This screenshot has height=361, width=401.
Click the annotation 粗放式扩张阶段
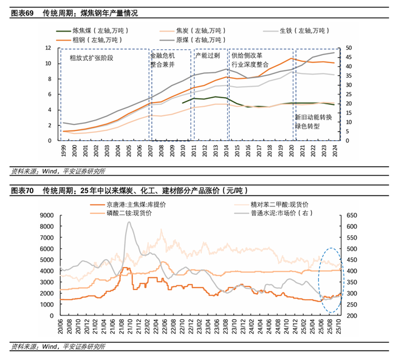click(92, 58)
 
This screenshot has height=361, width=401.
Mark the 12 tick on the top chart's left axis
click(47, 47)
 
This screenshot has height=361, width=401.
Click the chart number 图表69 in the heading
click(22, 13)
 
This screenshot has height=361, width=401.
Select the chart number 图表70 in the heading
click(22, 191)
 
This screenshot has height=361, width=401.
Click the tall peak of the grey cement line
click(129, 222)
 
